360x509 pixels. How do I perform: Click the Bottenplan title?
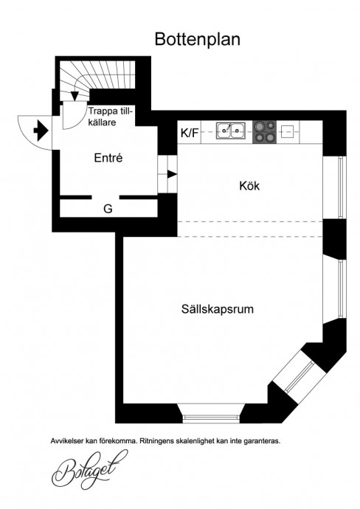[x=198, y=39]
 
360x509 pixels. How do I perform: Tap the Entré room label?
[x=108, y=158]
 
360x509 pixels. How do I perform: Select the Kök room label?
[x=249, y=186]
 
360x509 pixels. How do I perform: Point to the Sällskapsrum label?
[x=217, y=308]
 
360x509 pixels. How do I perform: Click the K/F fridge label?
[x=190, y=133]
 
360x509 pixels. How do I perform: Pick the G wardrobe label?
[x=108, y=209]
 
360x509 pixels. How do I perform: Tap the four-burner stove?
[x=265, y=132]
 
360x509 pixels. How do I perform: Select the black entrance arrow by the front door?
[x=41, y=131]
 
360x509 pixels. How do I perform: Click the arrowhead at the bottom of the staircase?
[x=75, y=96]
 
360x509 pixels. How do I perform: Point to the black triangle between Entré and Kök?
[x=172, y=174]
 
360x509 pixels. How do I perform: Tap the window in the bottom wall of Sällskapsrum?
[x=210, y=418]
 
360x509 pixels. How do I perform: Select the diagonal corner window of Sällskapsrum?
[x=299, y=376]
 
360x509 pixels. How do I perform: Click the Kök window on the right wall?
[x=341, y=187]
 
